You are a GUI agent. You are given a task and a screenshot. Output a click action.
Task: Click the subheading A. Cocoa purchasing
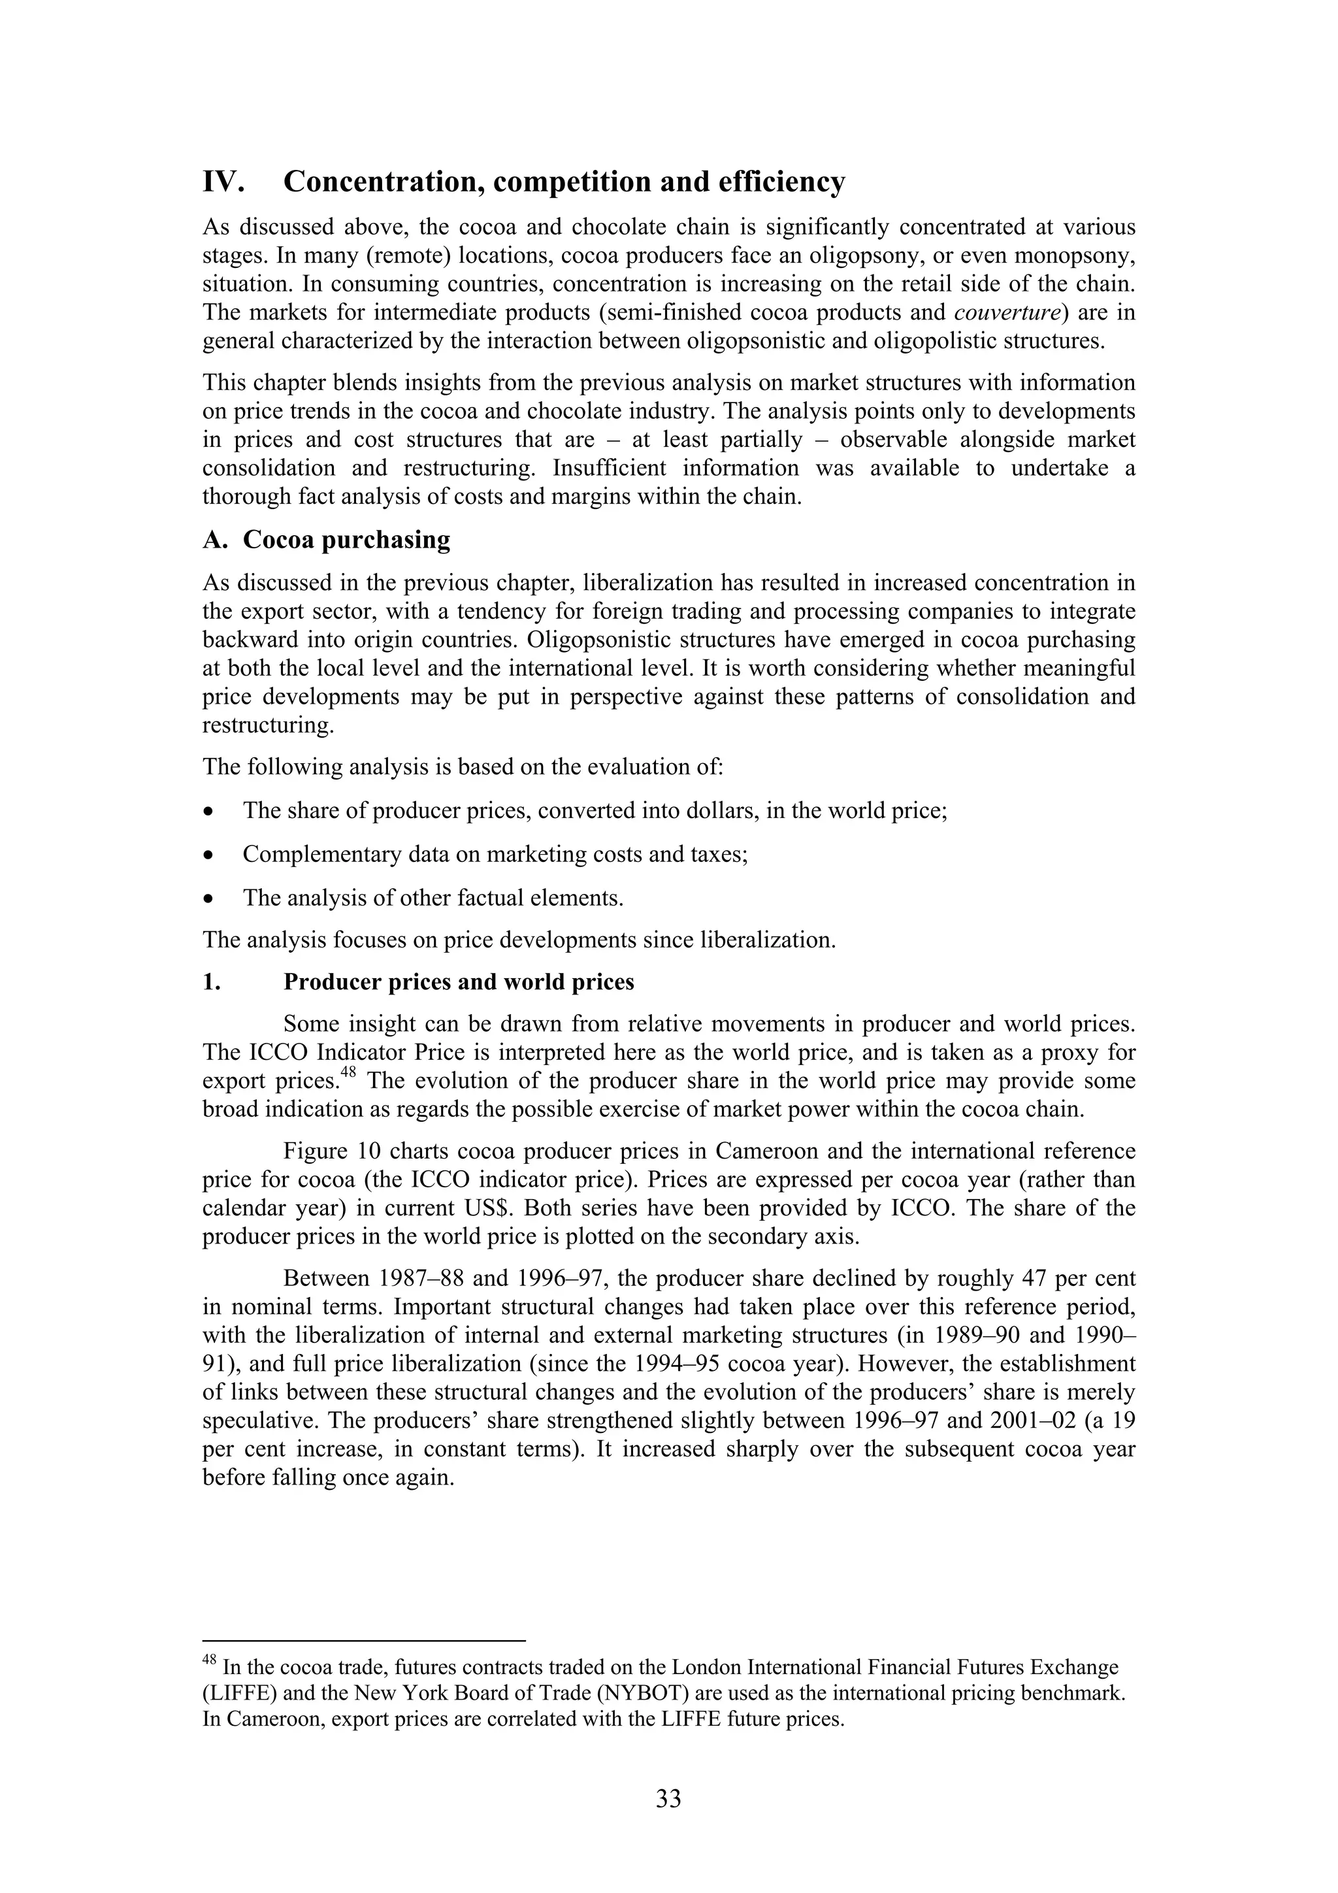pos(327,540)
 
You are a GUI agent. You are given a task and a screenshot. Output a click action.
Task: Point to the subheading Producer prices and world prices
pos(459,982)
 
